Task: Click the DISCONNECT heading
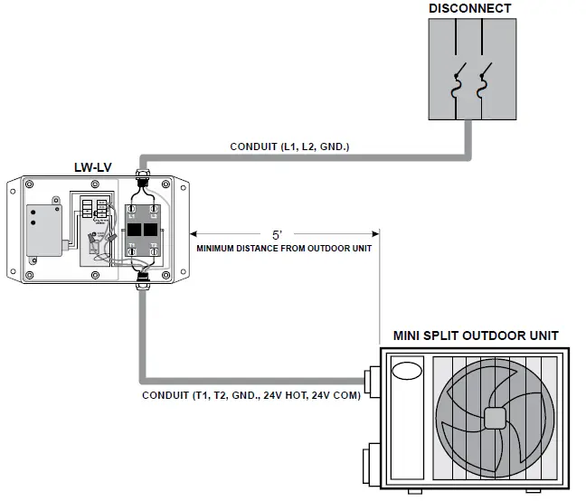pos(469,9)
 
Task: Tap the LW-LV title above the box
pos(91,167)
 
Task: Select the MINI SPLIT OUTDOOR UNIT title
pos(476,336)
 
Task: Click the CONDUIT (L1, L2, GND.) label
pos(288,146)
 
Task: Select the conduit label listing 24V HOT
pos(251,395)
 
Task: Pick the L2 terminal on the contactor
pos(154,210)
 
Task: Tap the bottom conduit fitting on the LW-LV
pos(141,286)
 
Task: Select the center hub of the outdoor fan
pos(495,418)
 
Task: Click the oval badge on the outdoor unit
pos(406,372)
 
